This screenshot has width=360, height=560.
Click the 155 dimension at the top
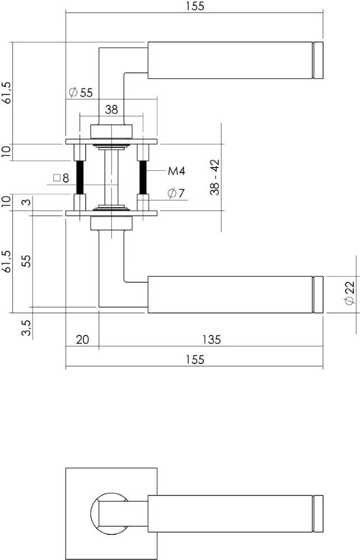coord(194,6)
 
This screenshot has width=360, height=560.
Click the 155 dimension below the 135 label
coord(194,360)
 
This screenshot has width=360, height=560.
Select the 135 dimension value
coord(211,339)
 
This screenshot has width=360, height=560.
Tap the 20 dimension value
coord(82,339)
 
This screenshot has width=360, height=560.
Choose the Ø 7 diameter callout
coord(176,194)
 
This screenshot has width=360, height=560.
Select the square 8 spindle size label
coord(61,179)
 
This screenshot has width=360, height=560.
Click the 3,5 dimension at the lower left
coord(25,327)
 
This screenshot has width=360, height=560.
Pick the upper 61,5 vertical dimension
coord(6,92)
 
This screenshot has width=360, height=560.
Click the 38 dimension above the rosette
coord(111,110)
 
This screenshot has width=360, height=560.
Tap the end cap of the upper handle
coord(319,59)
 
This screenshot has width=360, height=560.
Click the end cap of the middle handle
coord(319,294)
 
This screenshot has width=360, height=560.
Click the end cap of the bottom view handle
coord(319,514)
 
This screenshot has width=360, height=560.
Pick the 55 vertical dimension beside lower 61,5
coord(25,262)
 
